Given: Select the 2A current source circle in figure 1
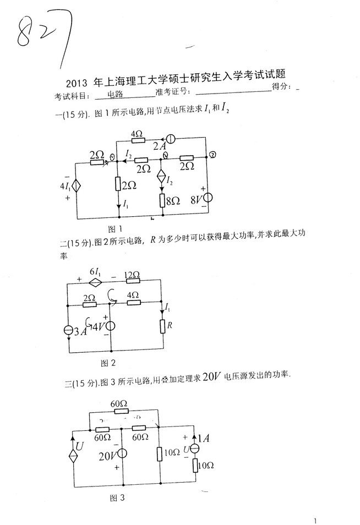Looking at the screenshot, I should tap(171, 140).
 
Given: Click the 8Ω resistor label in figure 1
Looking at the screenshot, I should tap(174, 201).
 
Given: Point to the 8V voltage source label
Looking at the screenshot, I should tap(196, 198).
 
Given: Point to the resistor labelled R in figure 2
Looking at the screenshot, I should tap(163, 325).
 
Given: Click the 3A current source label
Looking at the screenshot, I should tap(81, 332).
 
